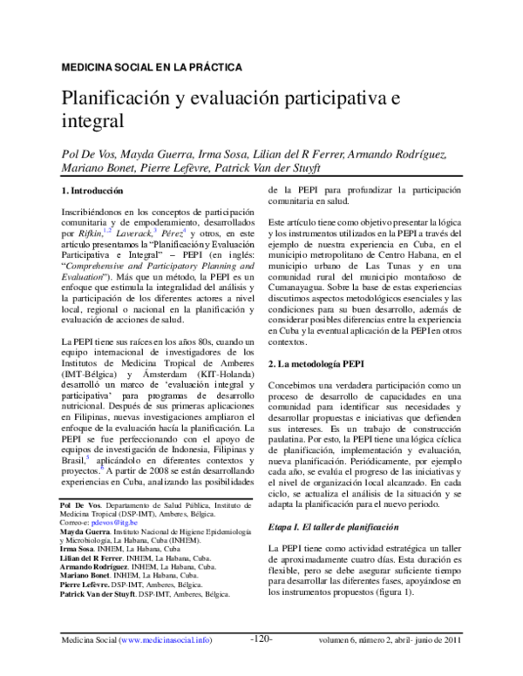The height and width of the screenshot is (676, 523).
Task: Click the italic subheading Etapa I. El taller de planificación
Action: point(339,526)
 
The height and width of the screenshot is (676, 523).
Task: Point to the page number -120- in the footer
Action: point(262,663)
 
